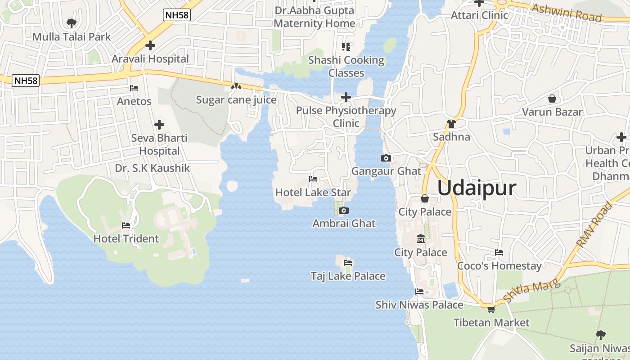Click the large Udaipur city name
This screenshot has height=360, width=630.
[477, 188]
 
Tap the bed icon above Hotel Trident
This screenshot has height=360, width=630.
[126, 225]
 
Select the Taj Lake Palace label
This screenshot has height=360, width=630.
[348, 276]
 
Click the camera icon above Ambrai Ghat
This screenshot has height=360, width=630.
[343, 210]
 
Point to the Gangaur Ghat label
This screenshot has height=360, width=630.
[386, 171]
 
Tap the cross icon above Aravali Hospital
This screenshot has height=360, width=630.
[150, 45]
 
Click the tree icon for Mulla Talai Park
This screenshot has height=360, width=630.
[71, 23]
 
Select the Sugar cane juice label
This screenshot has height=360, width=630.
[236, 99]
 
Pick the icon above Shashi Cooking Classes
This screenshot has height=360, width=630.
[346, 46]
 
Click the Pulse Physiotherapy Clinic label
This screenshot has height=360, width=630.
[346, 117]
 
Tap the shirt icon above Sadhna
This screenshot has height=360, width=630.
[451, 124]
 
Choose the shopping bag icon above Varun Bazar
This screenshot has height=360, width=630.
[552, 99]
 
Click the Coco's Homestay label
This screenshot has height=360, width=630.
[499, 266]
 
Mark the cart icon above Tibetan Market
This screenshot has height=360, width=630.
[491, 309]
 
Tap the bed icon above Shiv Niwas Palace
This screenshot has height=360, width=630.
[419, 292]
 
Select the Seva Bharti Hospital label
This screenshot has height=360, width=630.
[159, 144]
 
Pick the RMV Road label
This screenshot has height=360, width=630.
[595, 225]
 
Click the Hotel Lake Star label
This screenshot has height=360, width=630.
[313, 193]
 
